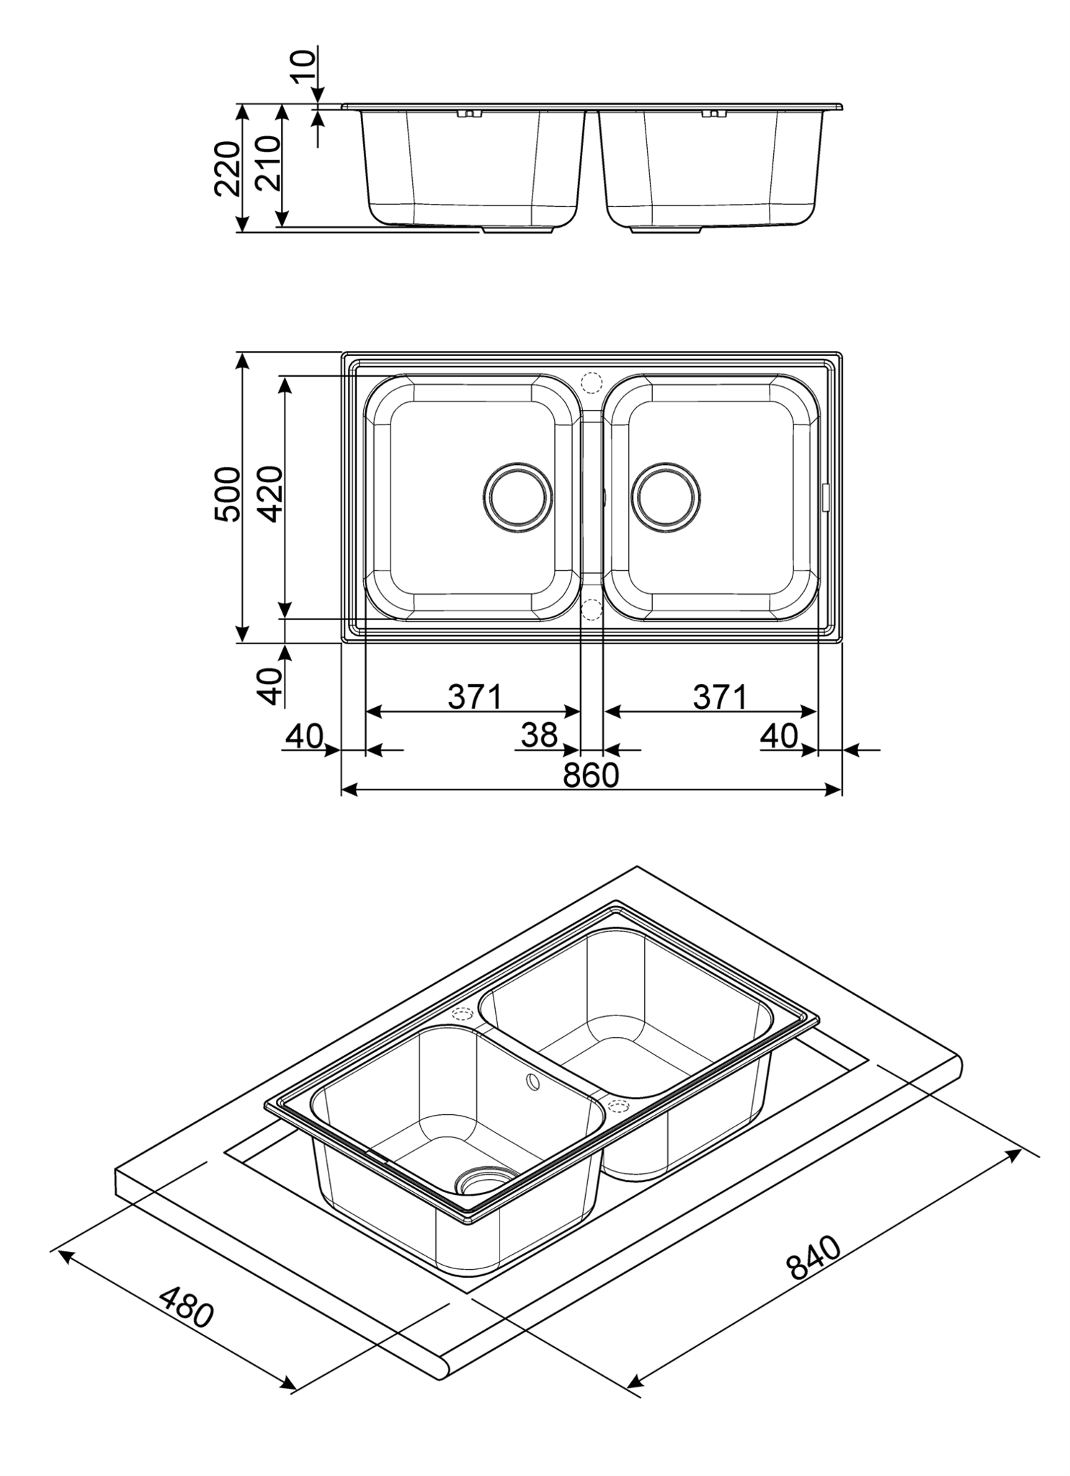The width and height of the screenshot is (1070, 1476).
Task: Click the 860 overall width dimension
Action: point(591,775)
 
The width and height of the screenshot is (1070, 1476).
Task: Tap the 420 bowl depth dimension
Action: point(271,494)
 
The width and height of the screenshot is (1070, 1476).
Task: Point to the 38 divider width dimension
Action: point(540,735)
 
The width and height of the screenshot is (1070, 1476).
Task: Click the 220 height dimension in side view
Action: point(228,169)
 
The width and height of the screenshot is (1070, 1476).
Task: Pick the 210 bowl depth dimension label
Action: point(268,164)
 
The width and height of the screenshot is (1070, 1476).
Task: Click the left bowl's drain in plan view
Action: point(518,497)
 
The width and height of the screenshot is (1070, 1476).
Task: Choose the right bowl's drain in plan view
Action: point(666,497)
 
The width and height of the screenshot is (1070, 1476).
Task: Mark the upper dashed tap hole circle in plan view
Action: point(591,381)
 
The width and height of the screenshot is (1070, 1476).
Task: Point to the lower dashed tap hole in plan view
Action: point(591,610)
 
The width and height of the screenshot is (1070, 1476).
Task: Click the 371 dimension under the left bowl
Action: point(475,697)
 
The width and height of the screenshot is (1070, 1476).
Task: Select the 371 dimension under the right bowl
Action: point(721,697)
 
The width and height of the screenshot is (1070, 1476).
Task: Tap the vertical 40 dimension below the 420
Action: point(271,685)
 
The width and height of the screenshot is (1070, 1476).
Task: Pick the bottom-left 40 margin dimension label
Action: point(303,735)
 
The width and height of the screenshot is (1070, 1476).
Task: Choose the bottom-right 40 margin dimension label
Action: point(779,735)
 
